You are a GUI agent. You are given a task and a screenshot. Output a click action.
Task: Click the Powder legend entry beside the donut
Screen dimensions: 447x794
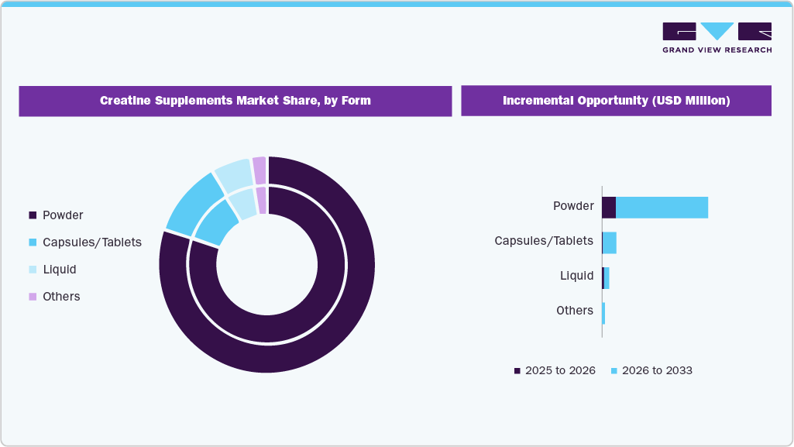(56, 215)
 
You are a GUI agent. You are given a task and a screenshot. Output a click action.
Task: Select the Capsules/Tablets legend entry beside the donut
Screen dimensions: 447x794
(85, 242)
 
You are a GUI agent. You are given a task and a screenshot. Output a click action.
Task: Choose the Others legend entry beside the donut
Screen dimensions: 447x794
(54, 297)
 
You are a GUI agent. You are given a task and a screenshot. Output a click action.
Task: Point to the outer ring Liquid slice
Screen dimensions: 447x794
(232, 175)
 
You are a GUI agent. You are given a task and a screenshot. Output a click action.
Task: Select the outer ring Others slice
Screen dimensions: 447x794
(260, 170)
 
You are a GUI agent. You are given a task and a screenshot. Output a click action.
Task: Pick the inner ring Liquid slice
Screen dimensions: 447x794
(242, 204)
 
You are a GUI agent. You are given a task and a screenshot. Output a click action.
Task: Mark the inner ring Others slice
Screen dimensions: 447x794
(262, 199)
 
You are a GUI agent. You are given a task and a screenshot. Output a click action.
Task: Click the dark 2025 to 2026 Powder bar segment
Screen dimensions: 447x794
(609, 208)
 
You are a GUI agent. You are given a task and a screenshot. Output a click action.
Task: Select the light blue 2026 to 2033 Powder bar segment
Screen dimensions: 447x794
(662, 208)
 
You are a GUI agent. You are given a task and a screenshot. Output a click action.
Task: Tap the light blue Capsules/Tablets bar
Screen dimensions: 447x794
(610, 242)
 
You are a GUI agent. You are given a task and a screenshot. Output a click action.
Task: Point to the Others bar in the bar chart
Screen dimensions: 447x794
(603, 313)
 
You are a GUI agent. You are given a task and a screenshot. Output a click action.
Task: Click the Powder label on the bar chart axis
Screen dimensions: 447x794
(573, 206)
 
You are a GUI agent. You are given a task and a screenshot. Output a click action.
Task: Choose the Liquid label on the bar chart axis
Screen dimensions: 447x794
(577, 276)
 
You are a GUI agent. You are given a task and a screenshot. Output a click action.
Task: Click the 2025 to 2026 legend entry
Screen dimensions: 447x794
(555, 370)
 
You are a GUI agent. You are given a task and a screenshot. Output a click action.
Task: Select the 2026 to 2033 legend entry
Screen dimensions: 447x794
(651, 370)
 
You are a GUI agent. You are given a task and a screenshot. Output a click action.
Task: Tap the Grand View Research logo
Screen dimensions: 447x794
(717, 37)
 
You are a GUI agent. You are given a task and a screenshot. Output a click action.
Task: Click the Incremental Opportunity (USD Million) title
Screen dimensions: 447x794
(616, 101)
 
